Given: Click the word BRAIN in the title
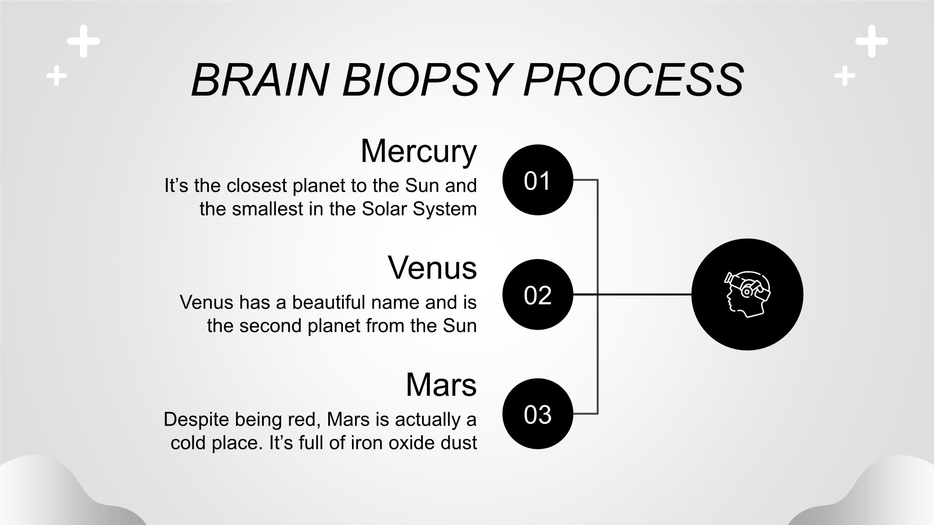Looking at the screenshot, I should point(259,80).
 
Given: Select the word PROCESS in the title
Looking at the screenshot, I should point(633,80).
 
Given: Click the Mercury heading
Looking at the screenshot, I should point(418,151).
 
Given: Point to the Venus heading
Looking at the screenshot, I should point(432,267).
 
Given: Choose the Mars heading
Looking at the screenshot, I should point(441,384).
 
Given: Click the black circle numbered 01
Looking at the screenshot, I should point(537,180).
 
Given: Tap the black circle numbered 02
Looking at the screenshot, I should point(537,295).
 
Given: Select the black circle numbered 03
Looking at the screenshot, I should point(537,414).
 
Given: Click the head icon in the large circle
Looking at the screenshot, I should point(747,294).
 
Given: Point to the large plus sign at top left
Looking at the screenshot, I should point(83,41).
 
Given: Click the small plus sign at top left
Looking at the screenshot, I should point(57,76).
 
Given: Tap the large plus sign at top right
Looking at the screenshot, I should point(872,41).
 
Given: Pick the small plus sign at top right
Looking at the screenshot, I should point(845,76).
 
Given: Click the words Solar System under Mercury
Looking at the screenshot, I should point(419,209).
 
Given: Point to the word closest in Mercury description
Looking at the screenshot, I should point(257,186).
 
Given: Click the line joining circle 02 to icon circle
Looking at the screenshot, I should point(644,294).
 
